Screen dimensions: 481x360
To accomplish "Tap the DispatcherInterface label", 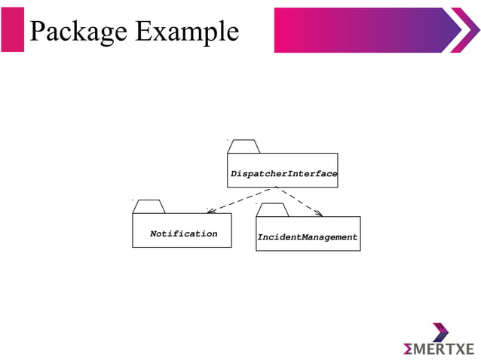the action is tap(283, 174).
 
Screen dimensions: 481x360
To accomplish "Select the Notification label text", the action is tap(183, 233).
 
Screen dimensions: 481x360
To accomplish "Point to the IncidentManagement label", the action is tap(308, 237).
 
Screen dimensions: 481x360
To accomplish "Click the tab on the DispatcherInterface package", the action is tap(243, 146).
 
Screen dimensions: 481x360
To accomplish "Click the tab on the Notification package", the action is tap(149, 206).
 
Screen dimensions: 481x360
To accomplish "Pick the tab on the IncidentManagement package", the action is tap(271, 210).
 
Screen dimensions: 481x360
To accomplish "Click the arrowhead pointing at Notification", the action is tap(211, 212).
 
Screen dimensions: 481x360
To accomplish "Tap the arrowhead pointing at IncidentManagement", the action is tap(318, 213).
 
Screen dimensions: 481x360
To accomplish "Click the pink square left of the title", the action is tap(13, 30).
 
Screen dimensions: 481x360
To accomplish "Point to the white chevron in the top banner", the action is tap(462, 30).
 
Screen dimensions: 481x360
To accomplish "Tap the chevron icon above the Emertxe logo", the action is tap(440, 332).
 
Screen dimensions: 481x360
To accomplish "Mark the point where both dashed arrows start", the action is tap(277, 188).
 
